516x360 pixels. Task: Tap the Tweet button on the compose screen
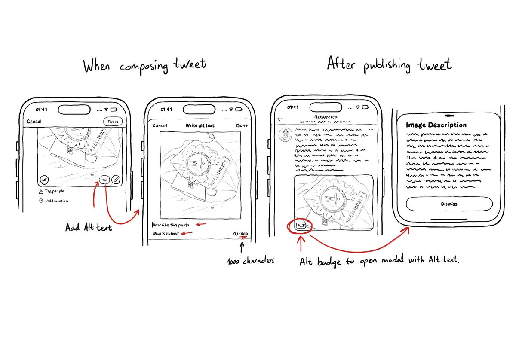point(113,122)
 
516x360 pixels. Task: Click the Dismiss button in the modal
point(449,204)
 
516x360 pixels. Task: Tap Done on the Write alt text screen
point(242,125)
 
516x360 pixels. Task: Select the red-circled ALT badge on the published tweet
point(301,225)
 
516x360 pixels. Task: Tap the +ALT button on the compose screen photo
point(104,180)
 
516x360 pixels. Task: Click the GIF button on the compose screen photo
point(44,180)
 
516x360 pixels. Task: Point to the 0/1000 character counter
point(240,234)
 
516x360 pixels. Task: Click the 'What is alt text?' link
point(166,234)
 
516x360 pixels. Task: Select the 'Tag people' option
point(54,192)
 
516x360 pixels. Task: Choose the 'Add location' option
point(56,201)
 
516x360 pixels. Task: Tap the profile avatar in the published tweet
point(285,134)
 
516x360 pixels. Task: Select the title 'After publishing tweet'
point(389,65)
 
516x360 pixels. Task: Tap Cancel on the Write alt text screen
point(160,125)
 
